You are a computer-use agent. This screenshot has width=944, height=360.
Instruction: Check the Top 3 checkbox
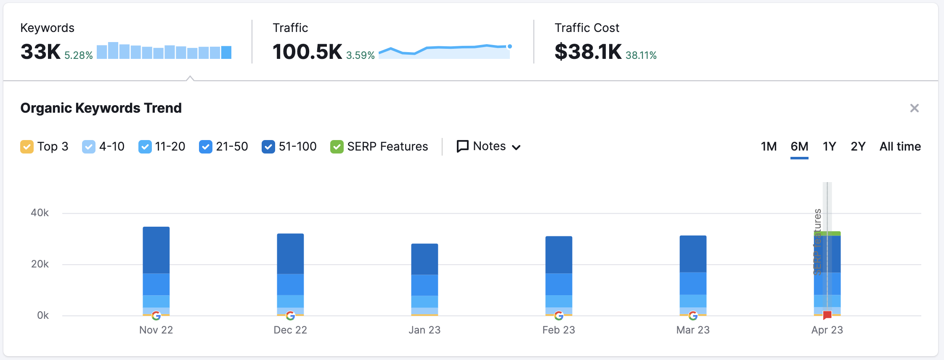coord(27,147)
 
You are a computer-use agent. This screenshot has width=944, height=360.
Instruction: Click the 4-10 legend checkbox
coord(89,147)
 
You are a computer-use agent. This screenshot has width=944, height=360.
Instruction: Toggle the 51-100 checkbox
coord(268,147)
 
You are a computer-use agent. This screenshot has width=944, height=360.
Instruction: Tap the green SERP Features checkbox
coord(337,147)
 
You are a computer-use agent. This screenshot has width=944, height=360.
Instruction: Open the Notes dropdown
coord(489,146)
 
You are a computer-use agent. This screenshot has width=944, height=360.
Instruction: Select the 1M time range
coord(769,146)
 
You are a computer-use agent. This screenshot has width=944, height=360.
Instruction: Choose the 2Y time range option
coord(858,146)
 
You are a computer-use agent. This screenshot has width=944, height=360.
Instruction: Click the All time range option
coord(900,146)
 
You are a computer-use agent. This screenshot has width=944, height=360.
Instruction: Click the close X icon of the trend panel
coord(914,108)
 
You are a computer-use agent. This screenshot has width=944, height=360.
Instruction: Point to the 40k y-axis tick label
coord(40,213)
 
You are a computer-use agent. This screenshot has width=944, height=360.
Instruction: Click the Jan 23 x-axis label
coord(424,330)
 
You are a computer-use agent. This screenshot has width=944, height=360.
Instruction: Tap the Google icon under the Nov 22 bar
coord(156,315)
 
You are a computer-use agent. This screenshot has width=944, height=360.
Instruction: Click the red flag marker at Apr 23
coord(827,315)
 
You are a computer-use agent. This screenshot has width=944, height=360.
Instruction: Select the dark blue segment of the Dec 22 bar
coord(290,254)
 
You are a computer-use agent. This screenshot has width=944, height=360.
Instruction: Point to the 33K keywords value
coord(41,52)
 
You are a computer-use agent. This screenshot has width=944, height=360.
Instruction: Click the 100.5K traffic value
coord(307,52)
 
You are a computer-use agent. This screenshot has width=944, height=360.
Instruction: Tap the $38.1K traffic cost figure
coord(588,52)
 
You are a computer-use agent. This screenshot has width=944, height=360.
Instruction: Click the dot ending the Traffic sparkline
coord(509,46)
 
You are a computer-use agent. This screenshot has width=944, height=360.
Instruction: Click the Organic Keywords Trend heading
coord(101,108)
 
